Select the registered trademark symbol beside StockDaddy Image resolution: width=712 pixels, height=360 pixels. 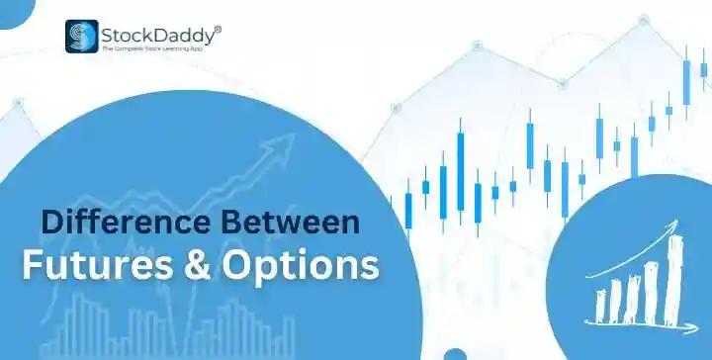coord(218,30)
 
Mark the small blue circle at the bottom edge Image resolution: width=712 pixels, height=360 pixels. coord(456,355)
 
